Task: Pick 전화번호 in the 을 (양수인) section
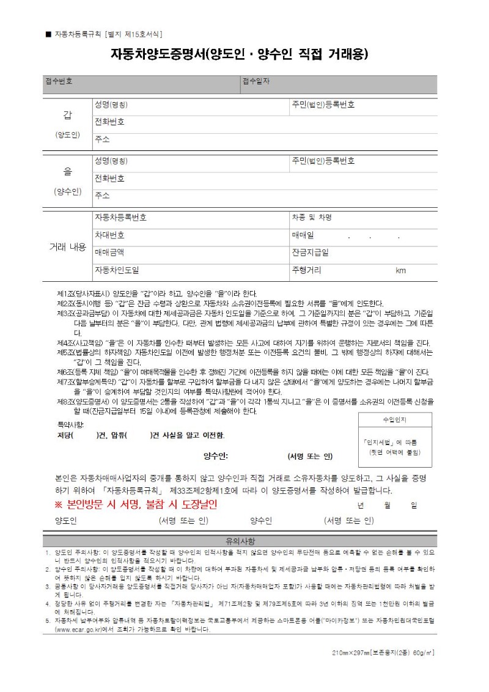pos(109,179)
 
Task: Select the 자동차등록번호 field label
pos(120,218)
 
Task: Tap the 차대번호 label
pos(109,235)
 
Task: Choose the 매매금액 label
pos(109,252)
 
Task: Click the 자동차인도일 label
pos(117,270)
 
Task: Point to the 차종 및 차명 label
pos(312,218)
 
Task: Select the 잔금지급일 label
pos(310,252)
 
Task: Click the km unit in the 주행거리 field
pos(400,270)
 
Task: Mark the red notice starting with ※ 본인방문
pos(136,505)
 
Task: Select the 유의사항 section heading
pos(240,541)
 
